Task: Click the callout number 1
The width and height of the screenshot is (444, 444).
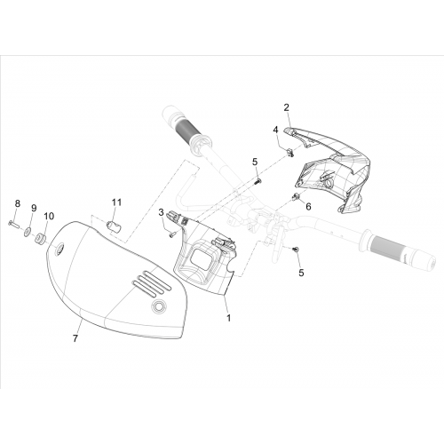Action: click(228, 318)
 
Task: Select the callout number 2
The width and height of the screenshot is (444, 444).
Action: click(286, 107)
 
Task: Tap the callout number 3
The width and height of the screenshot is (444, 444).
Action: click(161, 212)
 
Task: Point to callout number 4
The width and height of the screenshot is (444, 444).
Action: click(275, 130)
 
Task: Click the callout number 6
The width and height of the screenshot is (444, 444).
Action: click(308, 206)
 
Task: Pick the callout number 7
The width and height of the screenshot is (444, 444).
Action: click(75, 338)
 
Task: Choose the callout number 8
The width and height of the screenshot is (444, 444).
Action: click(18, 203)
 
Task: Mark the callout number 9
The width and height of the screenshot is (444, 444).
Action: click(34, 208)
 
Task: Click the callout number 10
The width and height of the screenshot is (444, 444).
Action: click(49, 216)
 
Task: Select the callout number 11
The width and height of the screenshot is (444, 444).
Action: click(116, 202)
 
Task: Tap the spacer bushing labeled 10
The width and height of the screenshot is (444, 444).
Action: click(40, 239)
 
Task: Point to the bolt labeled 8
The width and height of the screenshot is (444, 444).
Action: click(13, 224)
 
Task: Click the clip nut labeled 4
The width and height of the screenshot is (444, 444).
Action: click(289, 153)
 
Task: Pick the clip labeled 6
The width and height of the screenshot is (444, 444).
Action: click(295, 196)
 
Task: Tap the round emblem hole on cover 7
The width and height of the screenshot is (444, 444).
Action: click(159, 306)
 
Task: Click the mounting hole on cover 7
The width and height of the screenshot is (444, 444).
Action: click(59, 249)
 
